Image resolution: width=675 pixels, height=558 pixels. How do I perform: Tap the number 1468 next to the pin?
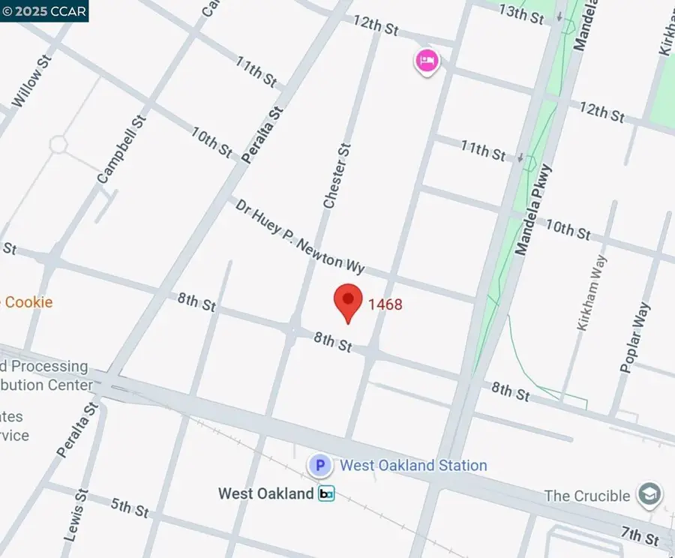point(385,304)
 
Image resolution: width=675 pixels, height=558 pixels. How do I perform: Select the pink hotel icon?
point(427,61)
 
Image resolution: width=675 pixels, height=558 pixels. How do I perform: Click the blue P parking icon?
point(320,466)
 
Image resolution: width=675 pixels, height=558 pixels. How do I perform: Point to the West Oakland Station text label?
point(413,466)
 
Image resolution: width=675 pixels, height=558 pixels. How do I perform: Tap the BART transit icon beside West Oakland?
point(326,493)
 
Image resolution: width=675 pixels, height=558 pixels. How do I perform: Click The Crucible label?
point(587,496)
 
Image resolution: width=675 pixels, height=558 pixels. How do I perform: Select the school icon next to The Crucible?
point(649,494)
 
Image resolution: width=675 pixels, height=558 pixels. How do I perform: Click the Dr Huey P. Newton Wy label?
point(300,235)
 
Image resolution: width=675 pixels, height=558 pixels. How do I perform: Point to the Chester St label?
point(337,176)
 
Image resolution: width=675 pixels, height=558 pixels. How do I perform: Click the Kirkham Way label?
point(592,292)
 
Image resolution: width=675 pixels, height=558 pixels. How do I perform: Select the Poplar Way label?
point(634,337)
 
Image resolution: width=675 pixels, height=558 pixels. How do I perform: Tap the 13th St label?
point(521,14)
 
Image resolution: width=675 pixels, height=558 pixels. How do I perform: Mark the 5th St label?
point(130,508)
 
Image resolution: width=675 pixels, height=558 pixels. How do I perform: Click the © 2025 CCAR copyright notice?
point(44,10)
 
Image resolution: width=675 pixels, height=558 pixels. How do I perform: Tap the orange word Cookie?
point(28,302)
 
